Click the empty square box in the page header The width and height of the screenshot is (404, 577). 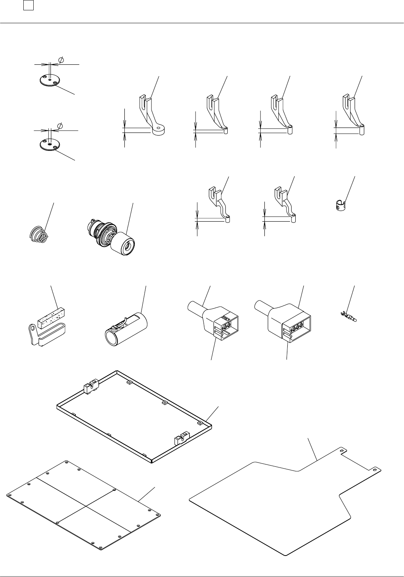pos(29,6)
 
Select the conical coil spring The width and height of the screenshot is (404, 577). pos(38,234)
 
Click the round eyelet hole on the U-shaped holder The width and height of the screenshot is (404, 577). pos(33,327)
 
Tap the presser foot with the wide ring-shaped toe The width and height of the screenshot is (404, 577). pos(158,131)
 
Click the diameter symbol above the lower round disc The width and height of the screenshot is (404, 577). pos(60,126)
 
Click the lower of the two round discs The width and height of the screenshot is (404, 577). pos(50,145)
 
